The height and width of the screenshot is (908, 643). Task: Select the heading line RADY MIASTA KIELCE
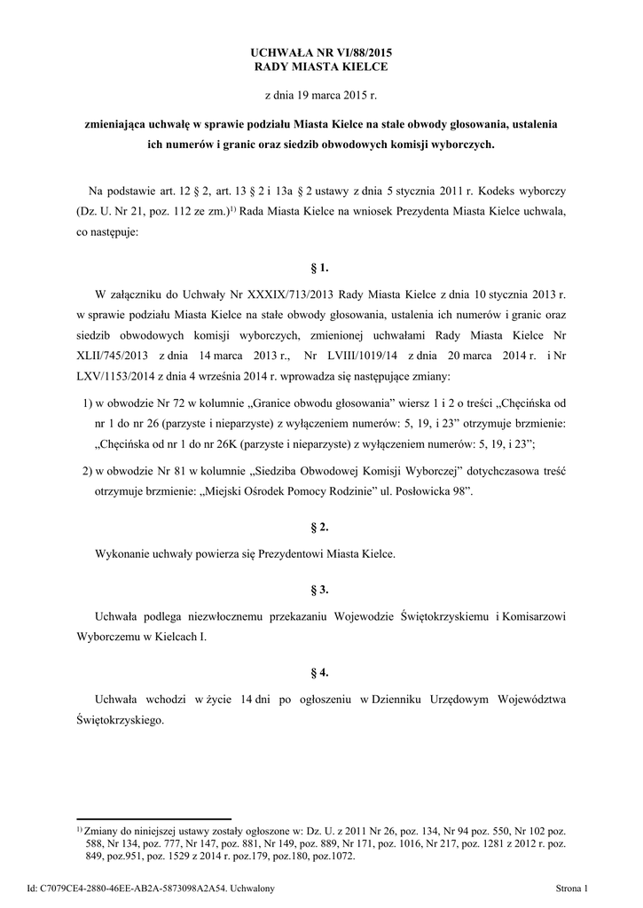pyautogui.click(x=321, y=67)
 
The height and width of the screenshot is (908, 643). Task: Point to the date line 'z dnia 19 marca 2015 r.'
pyautogui.click(x=321, y=93)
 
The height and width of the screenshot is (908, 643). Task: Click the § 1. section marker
pyautogui.click(x=321, y=266)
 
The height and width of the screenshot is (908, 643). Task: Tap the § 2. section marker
pyautogui.click(x=321, y=527)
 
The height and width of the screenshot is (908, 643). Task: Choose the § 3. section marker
pyautogui.click(x=321, y=589)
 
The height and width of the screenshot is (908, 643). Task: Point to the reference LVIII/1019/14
pyautogui.click(x=349, y=356)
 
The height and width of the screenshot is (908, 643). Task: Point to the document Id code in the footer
pyautogui.click(x=155, y=888)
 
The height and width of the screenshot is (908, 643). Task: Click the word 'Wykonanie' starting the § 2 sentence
pyautogui.click(x=123, y=553)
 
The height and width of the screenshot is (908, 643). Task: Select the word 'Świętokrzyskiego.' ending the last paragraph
pyautogui.click(x=121, y=722)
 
